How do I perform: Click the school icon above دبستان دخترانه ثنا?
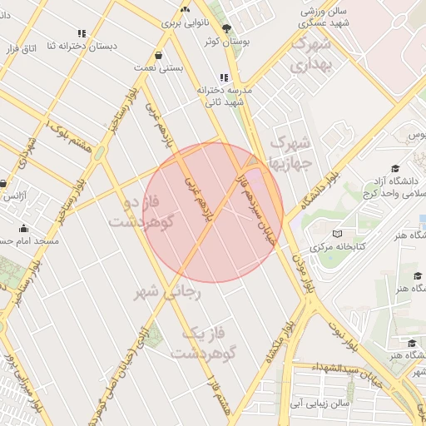81,34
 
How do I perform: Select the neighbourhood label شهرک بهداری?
313,53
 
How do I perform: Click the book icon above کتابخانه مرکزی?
336,234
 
